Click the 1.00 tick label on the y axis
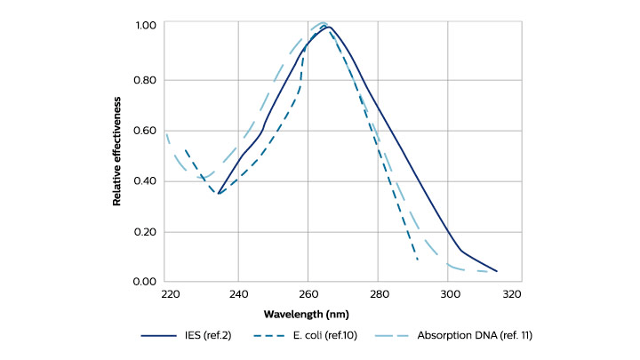(145, 27)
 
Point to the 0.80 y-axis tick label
(145, 80)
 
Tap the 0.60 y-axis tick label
(145, 131)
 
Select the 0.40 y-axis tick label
(145, 181)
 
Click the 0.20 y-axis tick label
(145, 232)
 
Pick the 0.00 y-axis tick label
(145, 282)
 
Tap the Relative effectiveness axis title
(116, 154)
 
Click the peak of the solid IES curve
(328, 28)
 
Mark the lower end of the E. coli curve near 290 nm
(418, 260)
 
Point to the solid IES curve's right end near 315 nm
(497, 271)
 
